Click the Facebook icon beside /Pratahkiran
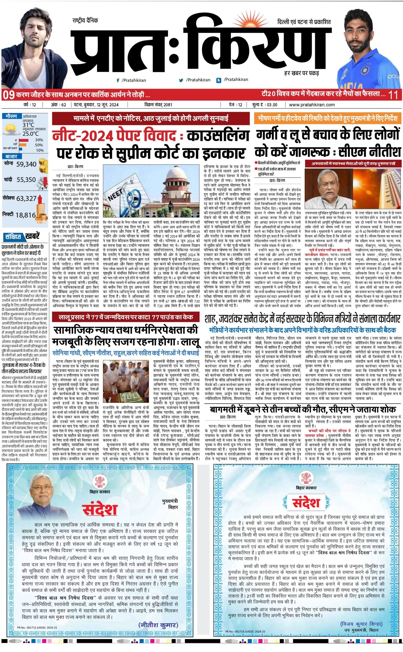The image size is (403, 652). (118, 80)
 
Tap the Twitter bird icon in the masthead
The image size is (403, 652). (181, 80)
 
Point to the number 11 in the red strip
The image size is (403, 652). (393, 95)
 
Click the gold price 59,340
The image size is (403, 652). (26, 164)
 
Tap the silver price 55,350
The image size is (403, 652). (26, 180)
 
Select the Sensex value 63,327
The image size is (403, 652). (26, 198)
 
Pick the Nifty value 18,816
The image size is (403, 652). (25, 215)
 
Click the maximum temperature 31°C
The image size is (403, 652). (28, 125)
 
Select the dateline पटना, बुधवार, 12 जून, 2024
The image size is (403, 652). (96, 105)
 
